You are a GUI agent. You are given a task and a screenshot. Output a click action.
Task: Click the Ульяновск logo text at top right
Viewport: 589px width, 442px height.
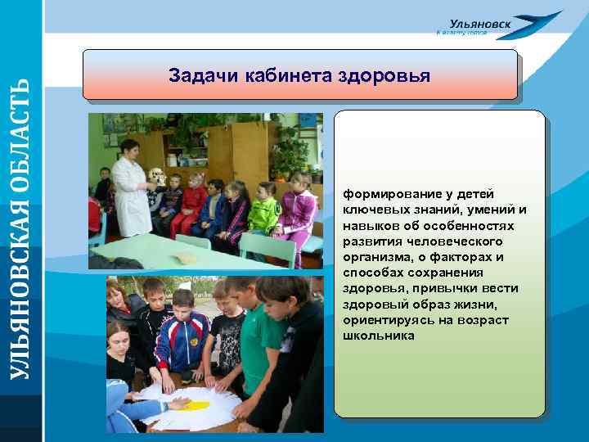(x=480, y=25)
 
